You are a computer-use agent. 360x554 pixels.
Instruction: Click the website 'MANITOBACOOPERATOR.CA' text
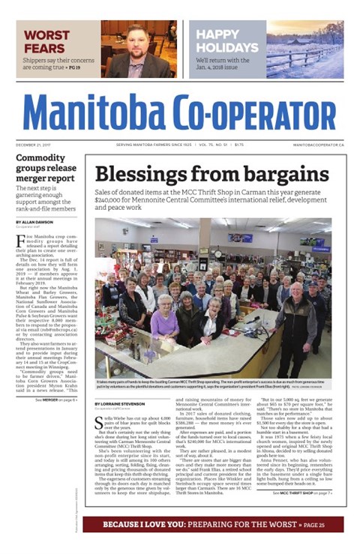(319, 144)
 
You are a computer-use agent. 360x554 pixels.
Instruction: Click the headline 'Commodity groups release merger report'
(46, 169)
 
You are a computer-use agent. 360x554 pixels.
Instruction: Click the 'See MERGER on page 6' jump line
(57, 400)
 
